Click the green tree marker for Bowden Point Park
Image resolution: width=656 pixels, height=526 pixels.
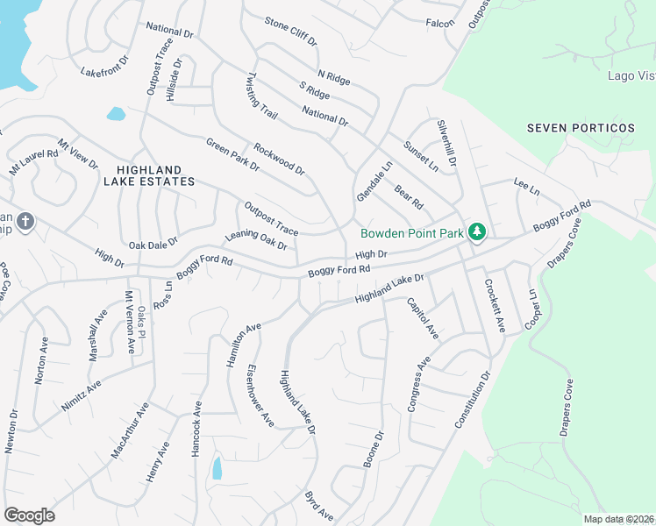click(477, 232)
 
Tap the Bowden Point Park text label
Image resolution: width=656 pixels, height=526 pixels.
click(412, 233)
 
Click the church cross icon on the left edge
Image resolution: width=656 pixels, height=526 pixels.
click(25, 221)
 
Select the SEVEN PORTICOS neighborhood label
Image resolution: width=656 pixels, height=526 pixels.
click(581, 128)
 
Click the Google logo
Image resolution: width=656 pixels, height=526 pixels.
click(29, 515)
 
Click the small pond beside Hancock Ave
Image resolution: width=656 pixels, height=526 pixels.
click(217, 468)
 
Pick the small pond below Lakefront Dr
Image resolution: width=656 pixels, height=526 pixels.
click(116, 113)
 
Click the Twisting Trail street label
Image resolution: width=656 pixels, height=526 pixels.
click(262, 96)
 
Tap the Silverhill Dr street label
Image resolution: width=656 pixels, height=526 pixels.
click(446, 143)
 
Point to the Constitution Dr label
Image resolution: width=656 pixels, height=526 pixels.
click(472, 399)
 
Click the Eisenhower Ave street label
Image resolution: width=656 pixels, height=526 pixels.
click(260, 395)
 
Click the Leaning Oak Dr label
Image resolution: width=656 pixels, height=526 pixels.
click(256, 241)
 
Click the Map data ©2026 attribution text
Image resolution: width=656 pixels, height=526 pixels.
click(617, 519)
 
